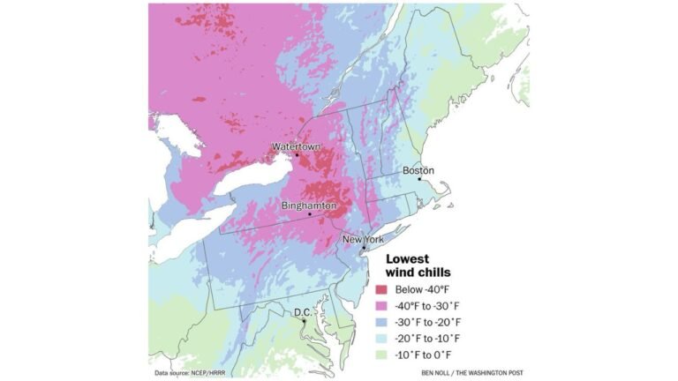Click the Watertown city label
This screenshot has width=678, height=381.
[296, 146]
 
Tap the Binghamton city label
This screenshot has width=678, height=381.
[309, 205]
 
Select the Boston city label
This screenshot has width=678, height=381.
[418, 170]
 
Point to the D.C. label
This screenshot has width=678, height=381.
[303, 312]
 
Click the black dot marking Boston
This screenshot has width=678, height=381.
[419, 179]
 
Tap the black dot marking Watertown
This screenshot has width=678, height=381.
[297, 154]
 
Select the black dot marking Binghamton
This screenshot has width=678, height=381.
[310, 214]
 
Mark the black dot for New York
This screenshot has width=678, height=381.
[363, 249]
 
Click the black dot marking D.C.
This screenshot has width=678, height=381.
[304, 321]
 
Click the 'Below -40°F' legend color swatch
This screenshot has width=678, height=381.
[381, 289]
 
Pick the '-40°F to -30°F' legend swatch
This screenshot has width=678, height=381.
[381, 306]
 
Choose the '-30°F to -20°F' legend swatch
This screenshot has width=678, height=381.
[381, 322]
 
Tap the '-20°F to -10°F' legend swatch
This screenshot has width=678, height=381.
[381, 339]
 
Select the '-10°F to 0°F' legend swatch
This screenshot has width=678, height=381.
[381, 355]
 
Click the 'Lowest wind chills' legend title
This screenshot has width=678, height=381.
[418, 265]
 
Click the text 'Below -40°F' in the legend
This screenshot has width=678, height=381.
[423, 289]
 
